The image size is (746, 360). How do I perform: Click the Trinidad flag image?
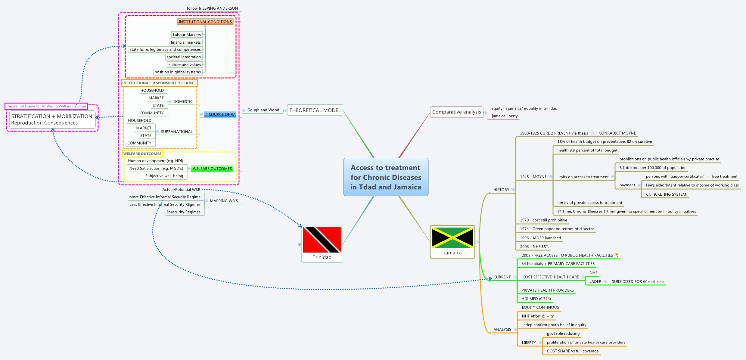click(x=322, y=240)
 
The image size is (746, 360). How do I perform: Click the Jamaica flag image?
click(x=452, y=237)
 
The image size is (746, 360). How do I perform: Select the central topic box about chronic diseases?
click(x=386, y=177)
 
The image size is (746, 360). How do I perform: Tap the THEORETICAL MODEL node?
click(x=315, y=110)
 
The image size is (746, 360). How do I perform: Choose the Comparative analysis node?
click(x=456, y=112)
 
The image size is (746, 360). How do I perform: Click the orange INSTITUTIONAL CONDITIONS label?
click(x=205, y=22)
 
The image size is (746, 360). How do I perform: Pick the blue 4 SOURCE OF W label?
click(x=220, y=114)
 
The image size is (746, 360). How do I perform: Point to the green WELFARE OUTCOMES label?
click(x=212, y=169)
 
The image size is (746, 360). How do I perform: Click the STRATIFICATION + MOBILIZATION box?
click(x=52, y=119)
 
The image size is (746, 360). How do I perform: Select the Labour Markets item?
click(x=187, y=35)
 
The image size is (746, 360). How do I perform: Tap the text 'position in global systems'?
click(x=178, y=72)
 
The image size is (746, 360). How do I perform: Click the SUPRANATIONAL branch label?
click(x=176, y=132)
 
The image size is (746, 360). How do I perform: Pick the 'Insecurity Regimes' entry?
click(x=184, y=212)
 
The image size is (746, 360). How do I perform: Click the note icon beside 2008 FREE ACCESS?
click(x=617, y=255)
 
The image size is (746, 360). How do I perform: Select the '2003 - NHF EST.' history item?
click(x=534, y=247)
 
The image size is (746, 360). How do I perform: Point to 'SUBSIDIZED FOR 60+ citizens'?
click(x=638, y=282)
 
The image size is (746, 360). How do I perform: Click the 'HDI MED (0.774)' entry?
click(x=536, y=299)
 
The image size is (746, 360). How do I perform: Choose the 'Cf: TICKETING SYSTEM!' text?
click(x=667, y=194)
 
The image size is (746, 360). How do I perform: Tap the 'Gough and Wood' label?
click(x=263, y=110)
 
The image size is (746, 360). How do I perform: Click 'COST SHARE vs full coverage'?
click(x=573, y=351)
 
